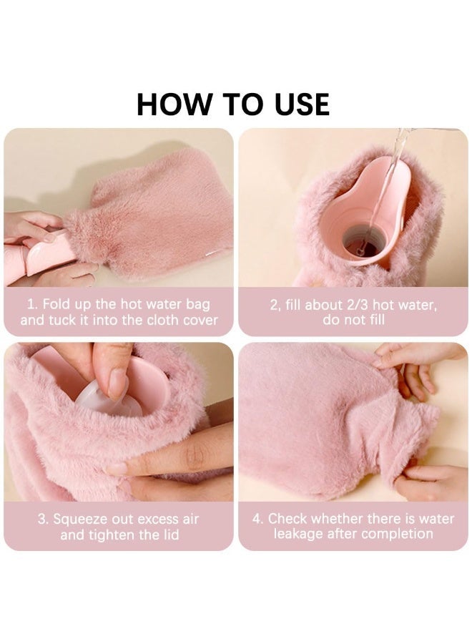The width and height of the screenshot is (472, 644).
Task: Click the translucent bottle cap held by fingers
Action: (100, 397)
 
